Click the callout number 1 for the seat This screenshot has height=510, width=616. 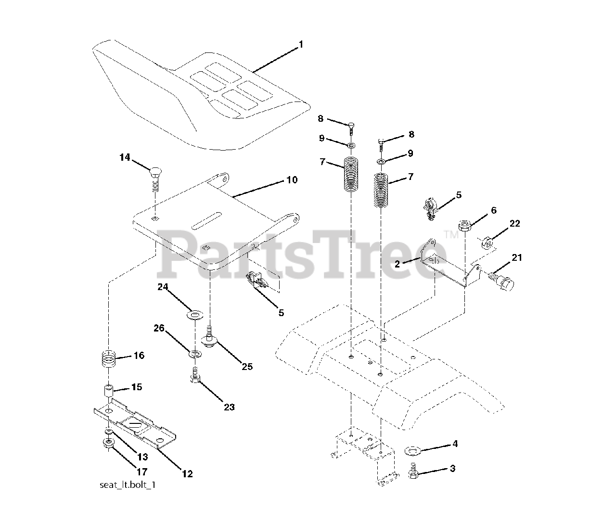click(x=301, y=45)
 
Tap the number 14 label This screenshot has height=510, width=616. click(x=125, y=157)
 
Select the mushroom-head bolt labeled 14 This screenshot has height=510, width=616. click(x=156, y=174)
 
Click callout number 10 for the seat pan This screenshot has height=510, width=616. click(x=292, y=180)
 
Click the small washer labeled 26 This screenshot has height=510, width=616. click(x=196, y=355)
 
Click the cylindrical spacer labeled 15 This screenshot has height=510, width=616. click(x=109, y=389)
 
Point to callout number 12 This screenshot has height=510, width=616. click(x=187, y=474)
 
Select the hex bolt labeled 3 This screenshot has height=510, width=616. click(x=413, y=471)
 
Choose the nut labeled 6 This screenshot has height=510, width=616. click(x=465, y=225)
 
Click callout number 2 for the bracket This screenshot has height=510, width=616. click(x=397, y=264)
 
